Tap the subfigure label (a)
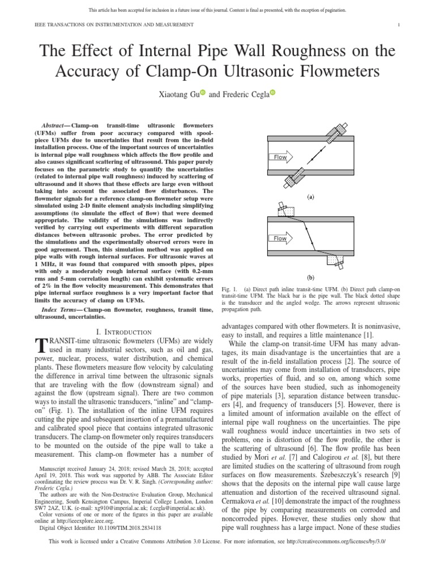(x=310, y=197)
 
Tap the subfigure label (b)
(x=310, y=278)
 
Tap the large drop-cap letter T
(x=40, y=347)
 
